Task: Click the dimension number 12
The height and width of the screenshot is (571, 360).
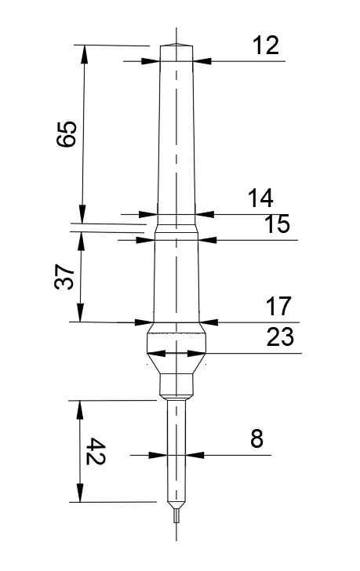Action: tap(266, 45)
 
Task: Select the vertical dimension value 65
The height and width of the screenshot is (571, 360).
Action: tap(67, 133)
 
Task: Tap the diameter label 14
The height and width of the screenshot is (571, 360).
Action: tap(260, 198)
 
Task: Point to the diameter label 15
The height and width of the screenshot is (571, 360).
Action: tap(277, 224)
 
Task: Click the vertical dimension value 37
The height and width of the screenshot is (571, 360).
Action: tap(64, 276)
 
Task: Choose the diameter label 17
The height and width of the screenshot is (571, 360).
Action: tap(278, 306)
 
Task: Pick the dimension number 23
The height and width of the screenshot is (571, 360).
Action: tap(280, 336)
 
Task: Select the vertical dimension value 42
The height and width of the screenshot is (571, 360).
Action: tap(96, 452)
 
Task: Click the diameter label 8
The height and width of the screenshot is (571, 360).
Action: tap(256, 438)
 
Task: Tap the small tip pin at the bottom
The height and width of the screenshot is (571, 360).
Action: tap(176, 515)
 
